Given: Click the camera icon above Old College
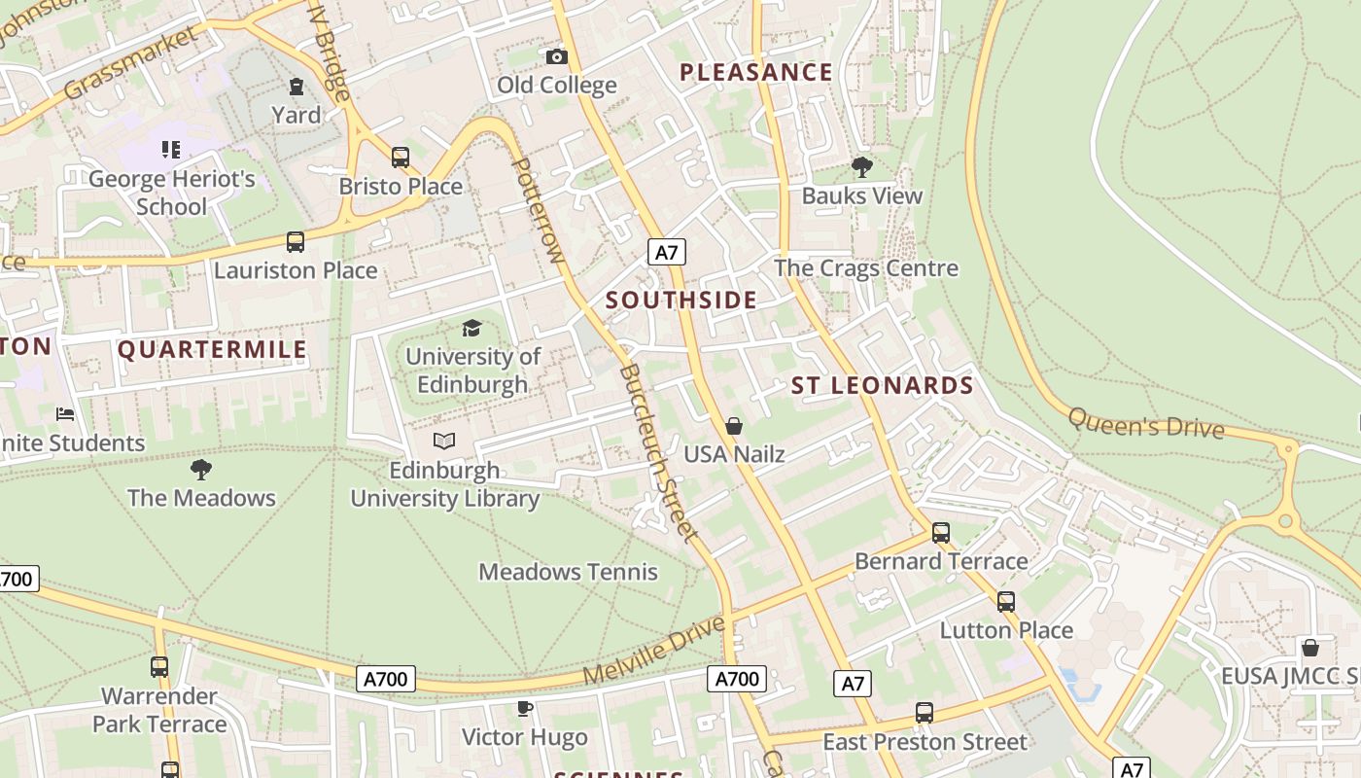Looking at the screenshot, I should coord(556,57).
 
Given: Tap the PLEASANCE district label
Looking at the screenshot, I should coord(755,72).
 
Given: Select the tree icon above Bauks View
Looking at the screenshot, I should coord(861,167).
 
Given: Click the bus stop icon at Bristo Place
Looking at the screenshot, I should coord(400,158).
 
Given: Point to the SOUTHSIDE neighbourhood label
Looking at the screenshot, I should coord(681,301).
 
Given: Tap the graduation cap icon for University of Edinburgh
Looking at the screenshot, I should coord(472,329).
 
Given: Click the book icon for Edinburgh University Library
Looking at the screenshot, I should coord(444,442).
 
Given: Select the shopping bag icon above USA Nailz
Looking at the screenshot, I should coord(734,426).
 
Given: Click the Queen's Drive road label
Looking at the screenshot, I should coord(1145,423).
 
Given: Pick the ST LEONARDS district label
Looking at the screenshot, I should coord(882,386).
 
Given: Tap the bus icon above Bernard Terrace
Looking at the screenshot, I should coord(940,533).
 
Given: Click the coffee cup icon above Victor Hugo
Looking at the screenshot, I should coord(525,708).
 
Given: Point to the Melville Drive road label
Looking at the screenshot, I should coord(654,649).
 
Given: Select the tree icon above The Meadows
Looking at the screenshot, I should coord(201,470).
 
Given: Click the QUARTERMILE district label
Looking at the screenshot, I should coord(212,350).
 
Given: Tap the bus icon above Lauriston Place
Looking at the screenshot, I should coord(295,242).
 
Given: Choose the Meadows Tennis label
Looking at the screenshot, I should coord(568,572).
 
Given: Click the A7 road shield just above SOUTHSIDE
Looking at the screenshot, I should coord(666,253).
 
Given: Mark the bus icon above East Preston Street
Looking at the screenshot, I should coord(924,713).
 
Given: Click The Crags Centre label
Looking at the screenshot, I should coord(865,268).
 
